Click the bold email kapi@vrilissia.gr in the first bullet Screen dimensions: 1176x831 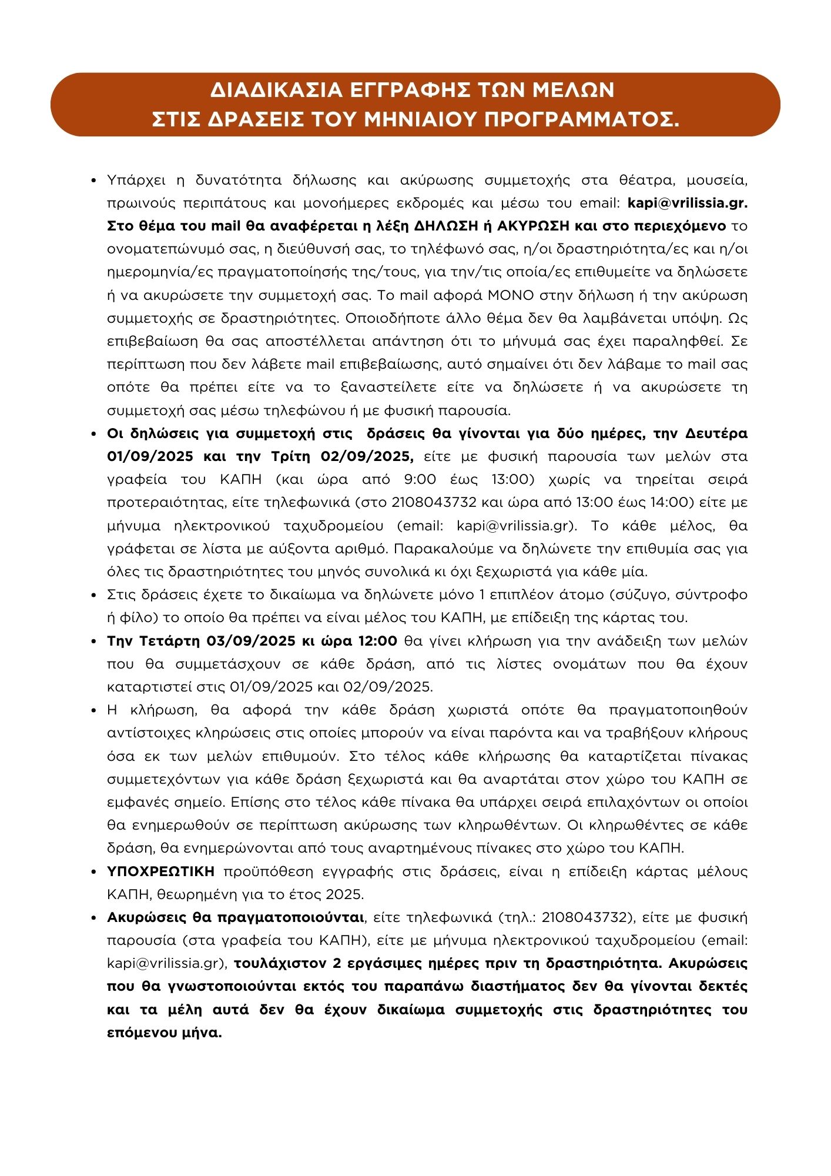pyautogui.click(x=688, y=203)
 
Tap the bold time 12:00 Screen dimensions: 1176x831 pyautogui.click(x=376, y=641)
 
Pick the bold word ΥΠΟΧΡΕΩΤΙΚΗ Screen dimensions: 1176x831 pyautogui.click(x=161, y=871)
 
